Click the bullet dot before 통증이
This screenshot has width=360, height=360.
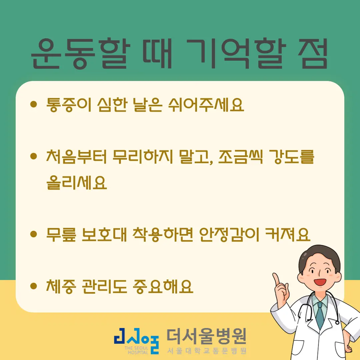point(33,105)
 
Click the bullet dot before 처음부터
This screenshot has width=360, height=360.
point(33,156)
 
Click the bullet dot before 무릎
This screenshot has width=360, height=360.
point(33,234)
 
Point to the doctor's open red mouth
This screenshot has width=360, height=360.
point(320,282)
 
